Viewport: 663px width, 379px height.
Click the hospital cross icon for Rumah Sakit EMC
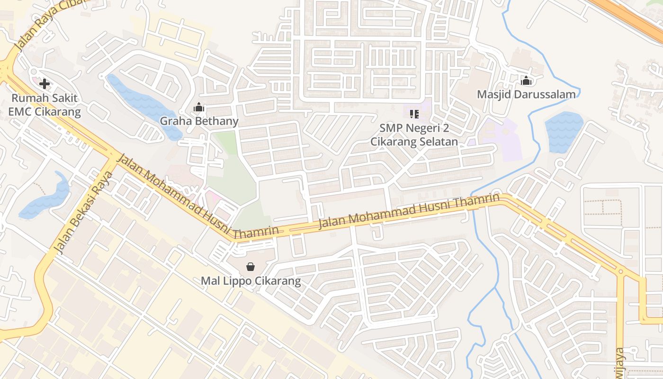coord(45,84)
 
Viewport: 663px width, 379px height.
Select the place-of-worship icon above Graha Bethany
coord(199,108)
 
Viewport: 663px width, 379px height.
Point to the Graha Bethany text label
coord(199,121)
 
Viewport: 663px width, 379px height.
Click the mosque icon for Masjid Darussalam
coord(526,81)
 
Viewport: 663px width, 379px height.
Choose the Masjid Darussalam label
coord(526,94)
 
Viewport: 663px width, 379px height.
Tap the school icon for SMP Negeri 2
coord(414,114)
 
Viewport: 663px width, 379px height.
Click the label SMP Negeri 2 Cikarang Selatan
coord(414,135)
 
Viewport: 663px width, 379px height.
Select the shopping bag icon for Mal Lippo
coord(251,267)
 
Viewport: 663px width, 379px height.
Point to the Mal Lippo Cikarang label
coord(251,281)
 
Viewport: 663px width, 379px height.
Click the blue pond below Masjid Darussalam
coord(564,132)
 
